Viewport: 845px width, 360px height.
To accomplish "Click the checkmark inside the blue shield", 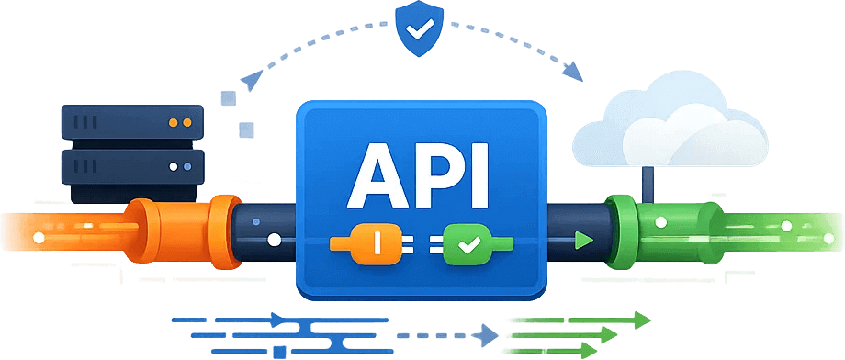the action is (x=422, y=31).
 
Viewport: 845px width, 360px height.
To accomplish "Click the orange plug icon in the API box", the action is (x=373, y=243).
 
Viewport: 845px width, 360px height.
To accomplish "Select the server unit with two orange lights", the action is (x=131, y=121).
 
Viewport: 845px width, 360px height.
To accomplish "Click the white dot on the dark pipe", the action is (x=273, y=242).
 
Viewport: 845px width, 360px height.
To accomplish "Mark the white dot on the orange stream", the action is (x=38, y=239).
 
